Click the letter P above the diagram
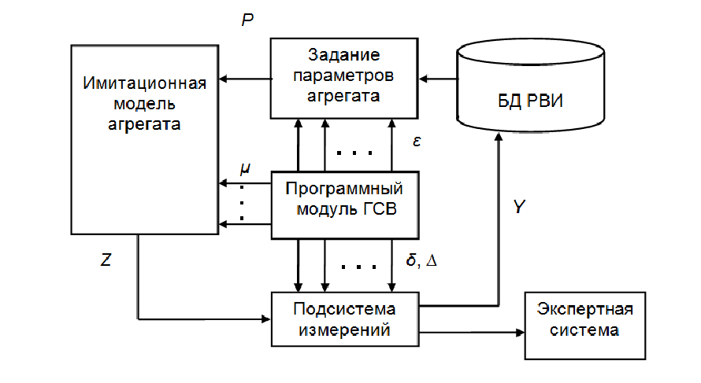[247, 20]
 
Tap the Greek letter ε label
[417, 142]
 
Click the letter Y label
[518, 207]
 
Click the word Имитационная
[144, 83]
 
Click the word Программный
[343, 190]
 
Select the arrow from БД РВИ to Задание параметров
[437, 79]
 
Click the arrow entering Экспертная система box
[473, 332]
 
